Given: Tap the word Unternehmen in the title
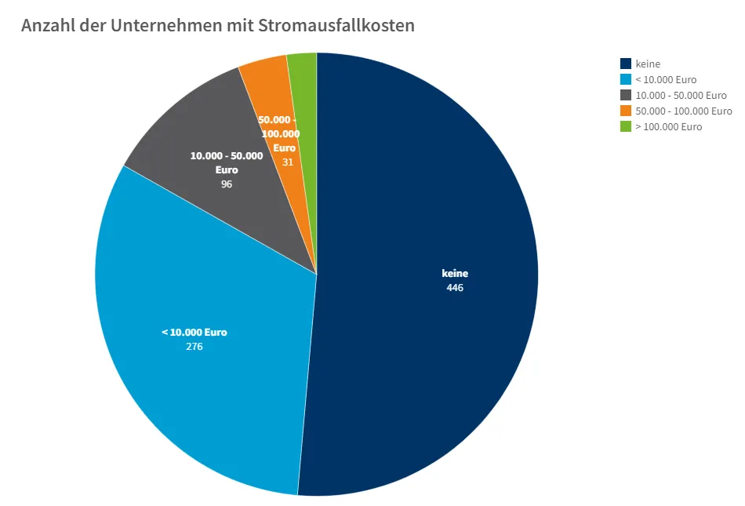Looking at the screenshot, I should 162,25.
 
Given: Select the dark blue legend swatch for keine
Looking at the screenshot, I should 626,64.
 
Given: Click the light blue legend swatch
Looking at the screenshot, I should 626,79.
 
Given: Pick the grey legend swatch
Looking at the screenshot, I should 626,95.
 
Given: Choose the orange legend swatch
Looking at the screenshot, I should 626,111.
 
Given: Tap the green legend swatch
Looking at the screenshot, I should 626,126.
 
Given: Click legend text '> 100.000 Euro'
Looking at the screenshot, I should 668,126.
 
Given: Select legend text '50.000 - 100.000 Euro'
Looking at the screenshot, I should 683,111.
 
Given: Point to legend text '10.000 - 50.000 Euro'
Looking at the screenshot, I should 681,95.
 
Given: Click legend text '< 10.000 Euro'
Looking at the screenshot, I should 666,79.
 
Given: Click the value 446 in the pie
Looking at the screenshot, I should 455,288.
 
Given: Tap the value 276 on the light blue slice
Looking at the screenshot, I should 194,346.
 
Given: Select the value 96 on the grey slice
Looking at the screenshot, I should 227,184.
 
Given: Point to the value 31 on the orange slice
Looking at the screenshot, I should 288,162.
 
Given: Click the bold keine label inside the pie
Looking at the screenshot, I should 455,274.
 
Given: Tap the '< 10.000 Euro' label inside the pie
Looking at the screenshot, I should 194,332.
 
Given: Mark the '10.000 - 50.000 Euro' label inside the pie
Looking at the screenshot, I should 227,162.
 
